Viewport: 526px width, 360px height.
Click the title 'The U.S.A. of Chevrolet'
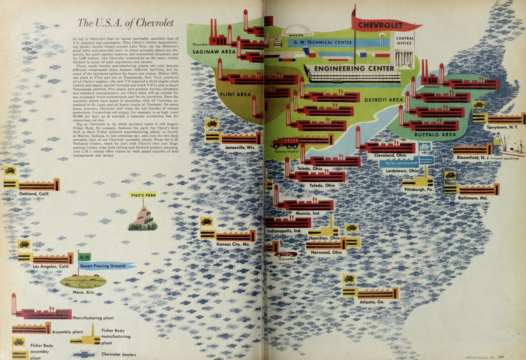click(125, 23)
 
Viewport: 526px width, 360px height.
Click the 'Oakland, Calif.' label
click(34, 193)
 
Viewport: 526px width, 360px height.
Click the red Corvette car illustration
click(285, 254)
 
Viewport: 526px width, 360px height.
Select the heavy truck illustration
click(285, 143)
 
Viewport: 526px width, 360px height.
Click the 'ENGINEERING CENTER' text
click(354, 68)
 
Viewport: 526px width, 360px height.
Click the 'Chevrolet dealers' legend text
click(118, 354)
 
